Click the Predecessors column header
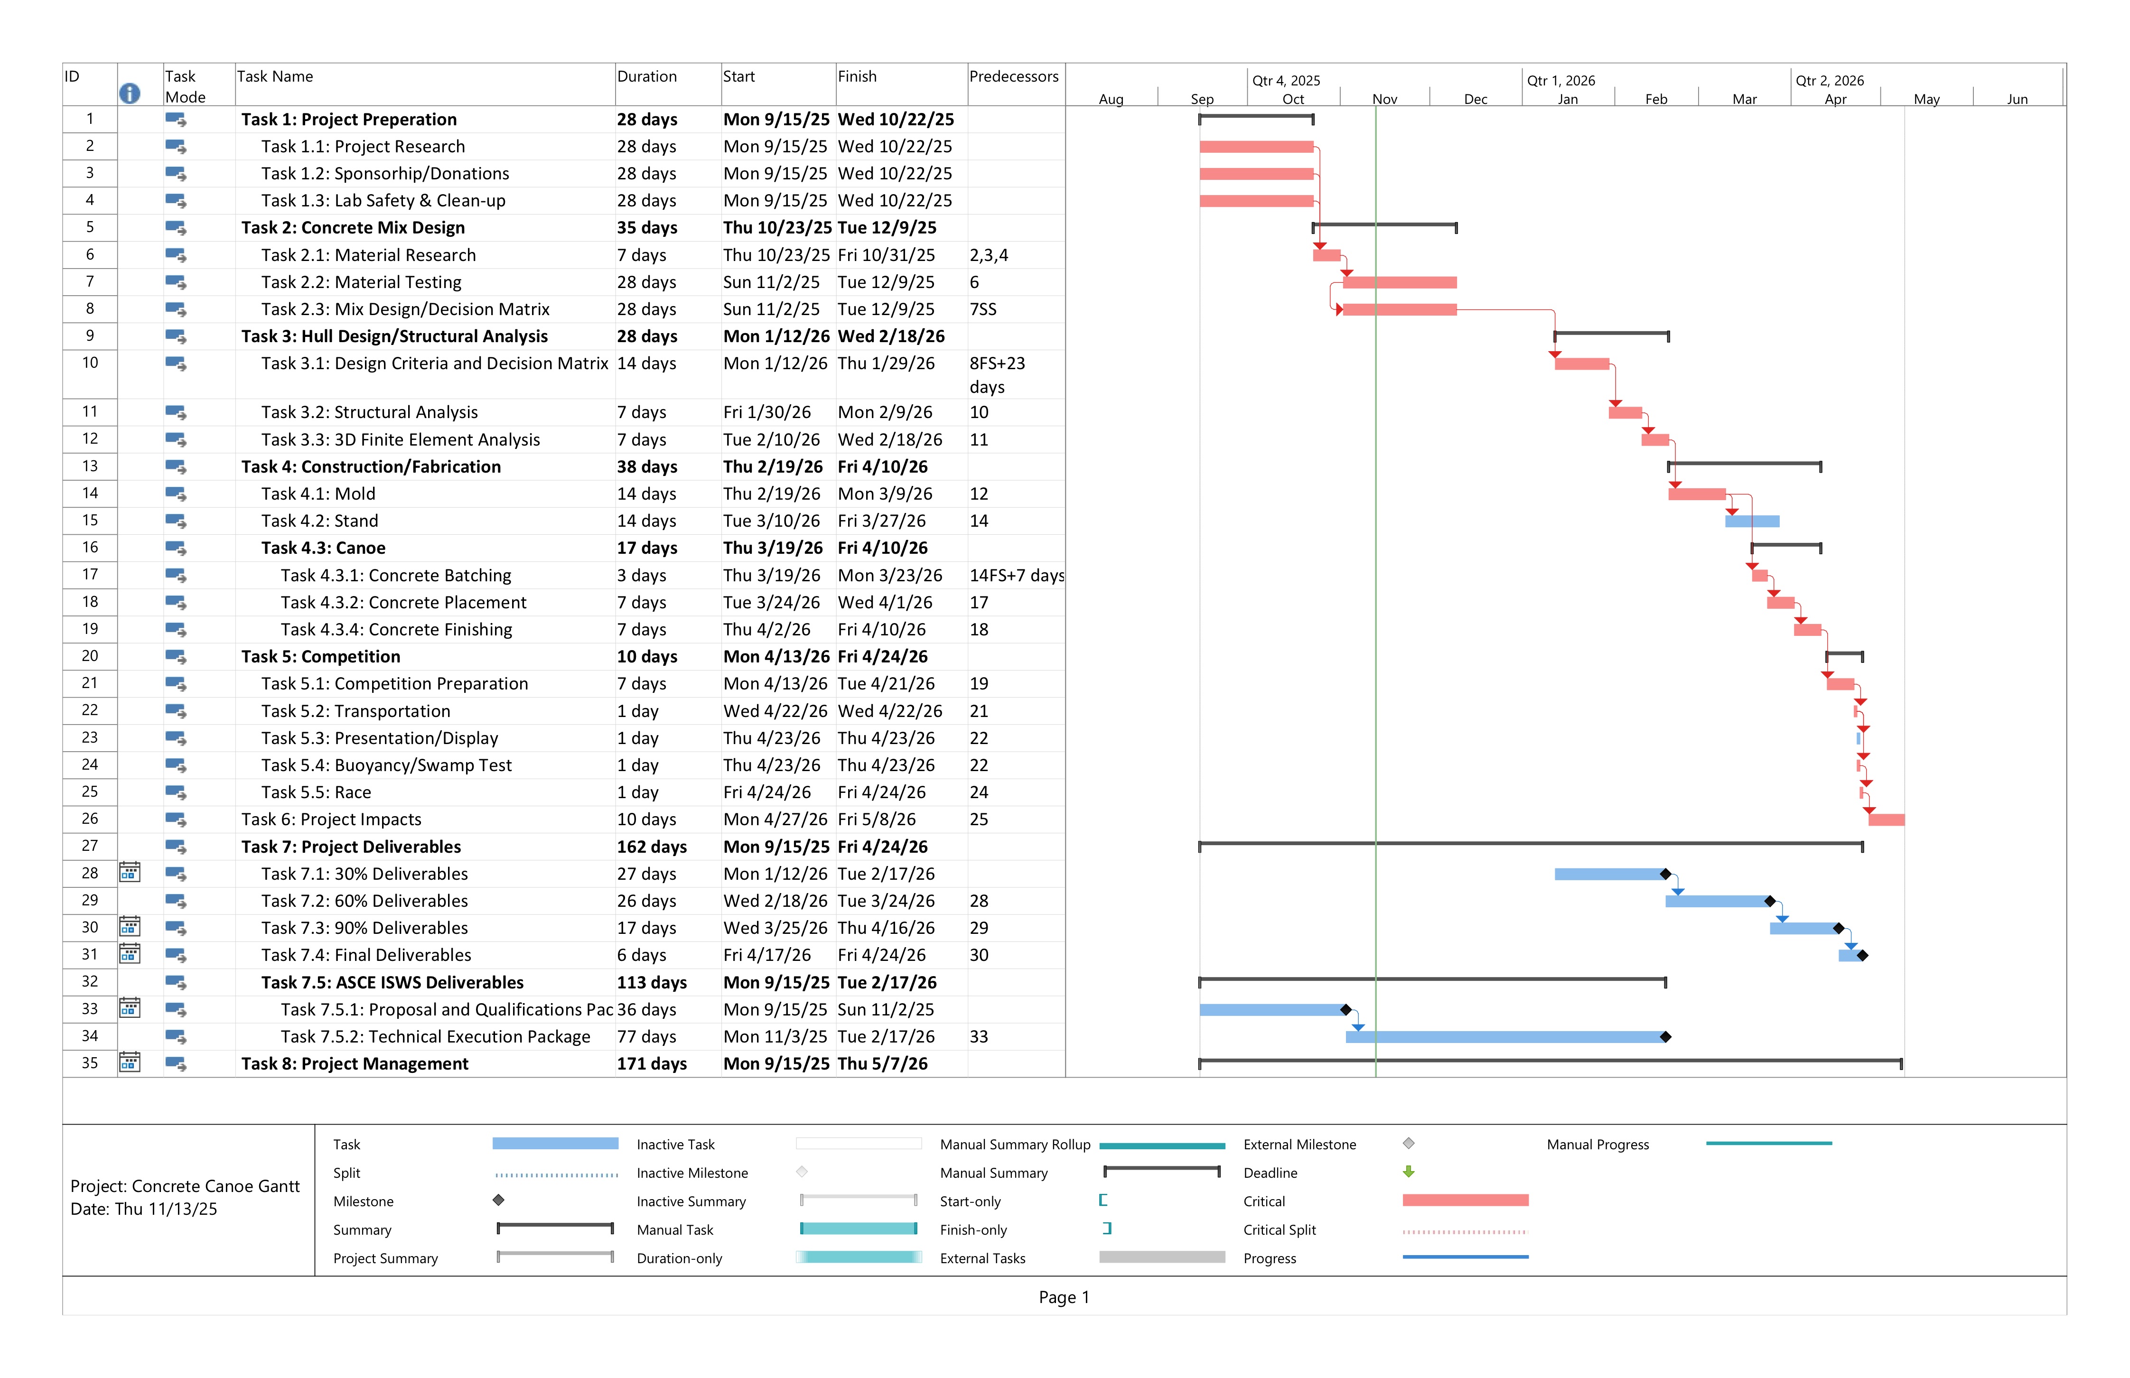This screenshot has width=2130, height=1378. click(x=1013, y=77)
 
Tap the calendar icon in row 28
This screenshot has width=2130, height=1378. click(x=130, y=873)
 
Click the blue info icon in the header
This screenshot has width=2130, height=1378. click(x=130, y=93)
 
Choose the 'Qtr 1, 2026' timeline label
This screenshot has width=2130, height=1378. click(x=1561, y=81)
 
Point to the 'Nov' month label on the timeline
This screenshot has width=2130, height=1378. click(x=1384, y=99)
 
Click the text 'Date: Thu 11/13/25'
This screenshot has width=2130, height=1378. click(x=144, y=1210)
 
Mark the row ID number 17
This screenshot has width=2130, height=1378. click(x=90, y=575)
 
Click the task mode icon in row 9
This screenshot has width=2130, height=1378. click(x=176, y=336)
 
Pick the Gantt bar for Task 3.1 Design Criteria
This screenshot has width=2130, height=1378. click(x=1581, y=364)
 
